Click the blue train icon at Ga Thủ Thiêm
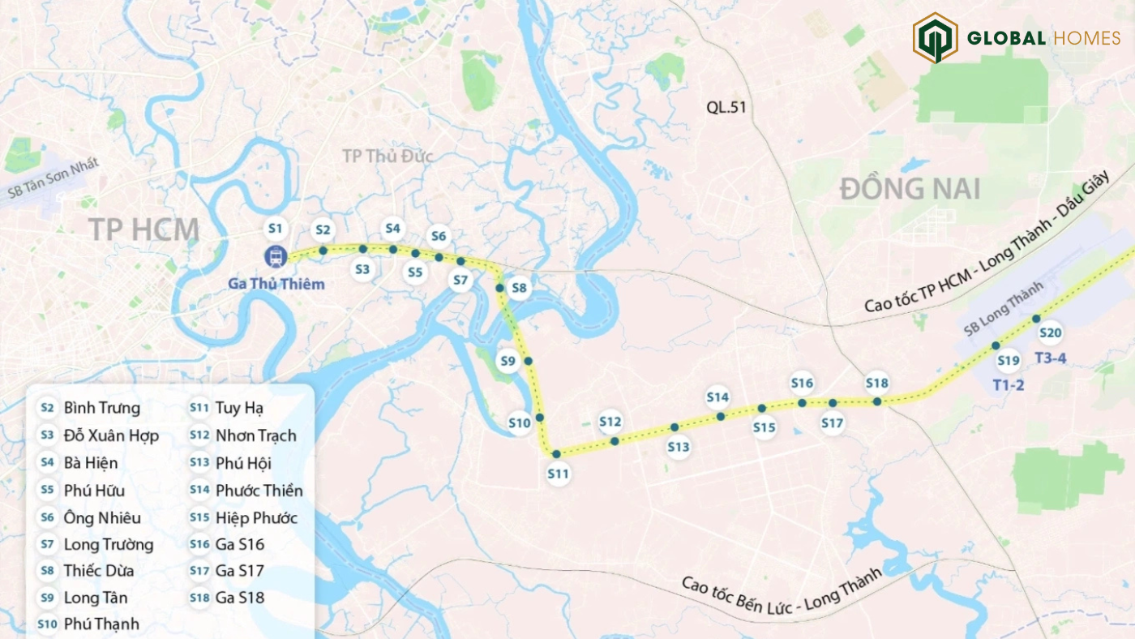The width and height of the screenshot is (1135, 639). click(276, 256)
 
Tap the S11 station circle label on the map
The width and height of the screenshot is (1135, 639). click(558, 474)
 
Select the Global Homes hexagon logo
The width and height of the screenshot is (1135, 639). click(935, 38)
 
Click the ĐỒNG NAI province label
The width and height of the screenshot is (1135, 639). click(910, 189)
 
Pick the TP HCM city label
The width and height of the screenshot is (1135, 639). click(143, 229)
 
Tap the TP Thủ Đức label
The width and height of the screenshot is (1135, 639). click(387, 157)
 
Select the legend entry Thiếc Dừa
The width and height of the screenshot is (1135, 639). click(98, 571)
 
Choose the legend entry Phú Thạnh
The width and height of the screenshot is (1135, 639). click(101, 624)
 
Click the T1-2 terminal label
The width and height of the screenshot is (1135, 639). click(1008, 384)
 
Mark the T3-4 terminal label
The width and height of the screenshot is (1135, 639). click(1051, 357)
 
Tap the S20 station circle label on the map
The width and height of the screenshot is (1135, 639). click(1050, 332)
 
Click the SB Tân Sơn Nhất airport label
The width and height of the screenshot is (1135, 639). click(54, 178)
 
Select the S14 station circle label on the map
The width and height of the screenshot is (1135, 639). click(717, 397)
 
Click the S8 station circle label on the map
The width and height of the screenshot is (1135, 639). click(519, 288)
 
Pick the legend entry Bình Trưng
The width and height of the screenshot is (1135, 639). click(101, 408)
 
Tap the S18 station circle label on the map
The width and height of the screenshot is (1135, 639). click(877, 383)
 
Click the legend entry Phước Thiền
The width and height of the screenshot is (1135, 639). click(259, 491)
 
